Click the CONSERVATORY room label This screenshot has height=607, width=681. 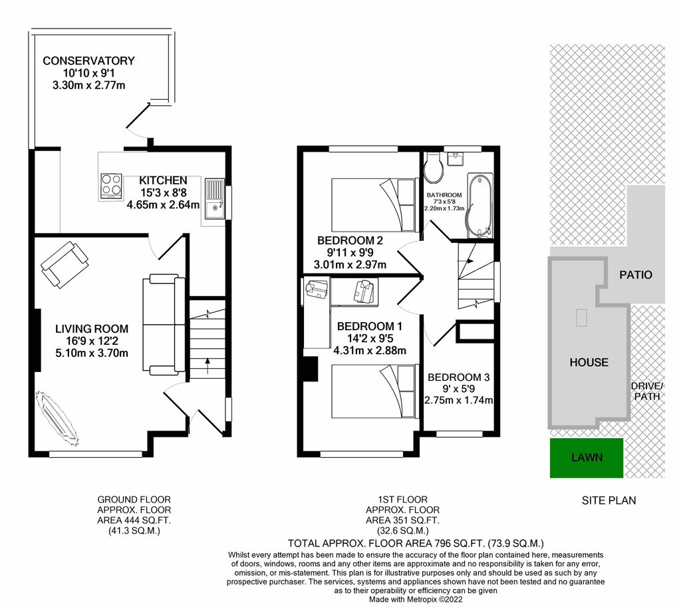[88, 61]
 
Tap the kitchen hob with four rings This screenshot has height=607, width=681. [110, 186]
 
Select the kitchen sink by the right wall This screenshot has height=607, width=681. [214, 199]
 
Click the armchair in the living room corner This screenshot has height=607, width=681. [64, 265]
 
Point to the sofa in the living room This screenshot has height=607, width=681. [164, 324]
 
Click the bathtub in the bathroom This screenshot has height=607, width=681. [479, 205]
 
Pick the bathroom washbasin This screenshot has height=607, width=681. [456, 158]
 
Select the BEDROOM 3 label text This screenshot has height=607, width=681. [459, 377]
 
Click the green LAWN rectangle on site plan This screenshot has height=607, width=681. [587, 458]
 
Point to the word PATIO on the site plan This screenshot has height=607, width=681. [635, 274]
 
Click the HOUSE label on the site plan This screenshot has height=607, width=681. [589, 362]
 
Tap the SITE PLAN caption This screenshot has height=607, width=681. [609, 501]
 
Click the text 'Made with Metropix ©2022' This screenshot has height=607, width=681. [416, 599]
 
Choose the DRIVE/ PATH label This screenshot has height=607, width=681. [647, 392]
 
